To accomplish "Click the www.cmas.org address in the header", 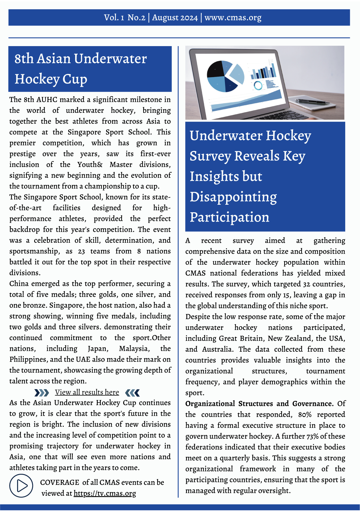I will click(233, 18).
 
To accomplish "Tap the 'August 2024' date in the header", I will click(175, 18).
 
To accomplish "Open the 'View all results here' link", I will click(87, 392).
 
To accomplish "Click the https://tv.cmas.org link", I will click(105, 493).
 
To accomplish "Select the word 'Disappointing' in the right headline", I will click(233, 197).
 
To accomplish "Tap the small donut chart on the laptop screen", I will click(258, 85).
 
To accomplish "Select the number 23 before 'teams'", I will click(81, 251).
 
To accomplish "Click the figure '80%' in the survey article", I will click(305, 415).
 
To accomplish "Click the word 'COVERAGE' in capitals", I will click(59, 483).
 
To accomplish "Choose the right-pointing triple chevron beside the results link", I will click(41, 393).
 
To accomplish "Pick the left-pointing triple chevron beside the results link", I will click(132, 393).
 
